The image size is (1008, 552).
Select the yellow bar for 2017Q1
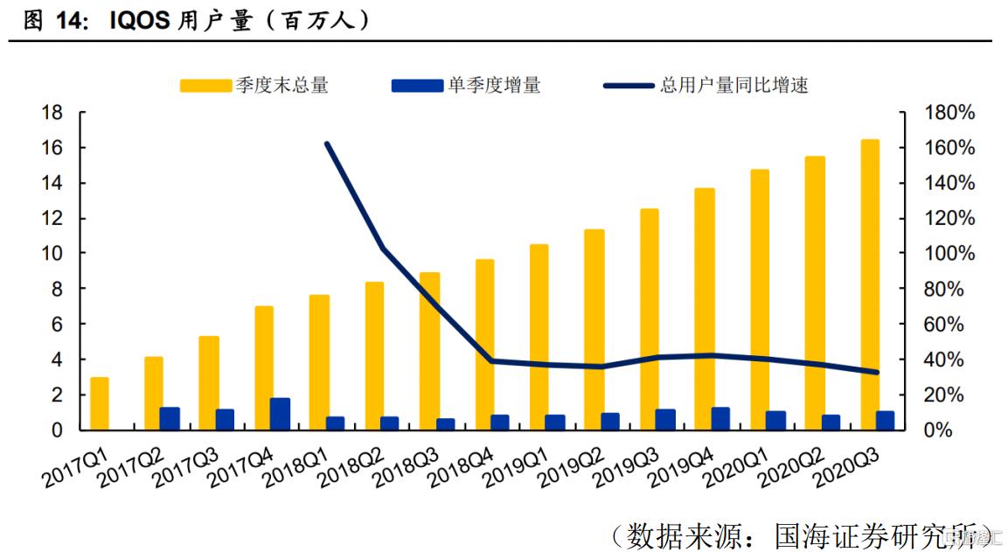coord(100,403)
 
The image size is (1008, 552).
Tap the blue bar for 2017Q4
coord(280,414)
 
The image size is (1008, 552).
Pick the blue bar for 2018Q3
coord(446,424)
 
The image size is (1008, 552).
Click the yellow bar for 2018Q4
coord(484,345)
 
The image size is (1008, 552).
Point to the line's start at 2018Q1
coord(326,143)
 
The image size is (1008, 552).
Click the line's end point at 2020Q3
coord(877,372)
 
